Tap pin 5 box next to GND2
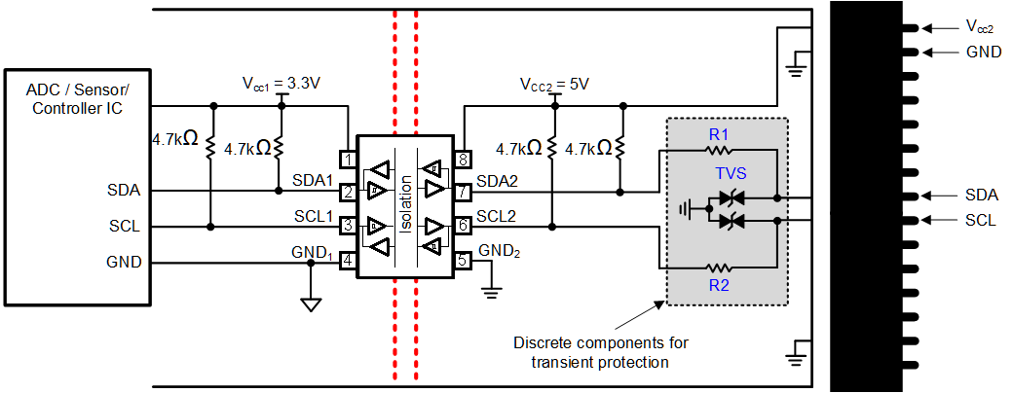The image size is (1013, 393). tap(464, 261)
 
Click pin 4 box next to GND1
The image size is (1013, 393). tap(347, 261)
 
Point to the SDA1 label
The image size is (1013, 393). tap(313, 181)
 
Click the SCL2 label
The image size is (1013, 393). tap(497, 216)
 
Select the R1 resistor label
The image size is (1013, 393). tap(719, 134)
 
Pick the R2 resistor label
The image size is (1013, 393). tap(719, 287)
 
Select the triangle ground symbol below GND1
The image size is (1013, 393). tap(311, 304)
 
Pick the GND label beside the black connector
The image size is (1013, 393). tap(983, 52)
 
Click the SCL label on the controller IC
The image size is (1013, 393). tap(124, 227)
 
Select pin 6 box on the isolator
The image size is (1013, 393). tap(464, 226)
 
